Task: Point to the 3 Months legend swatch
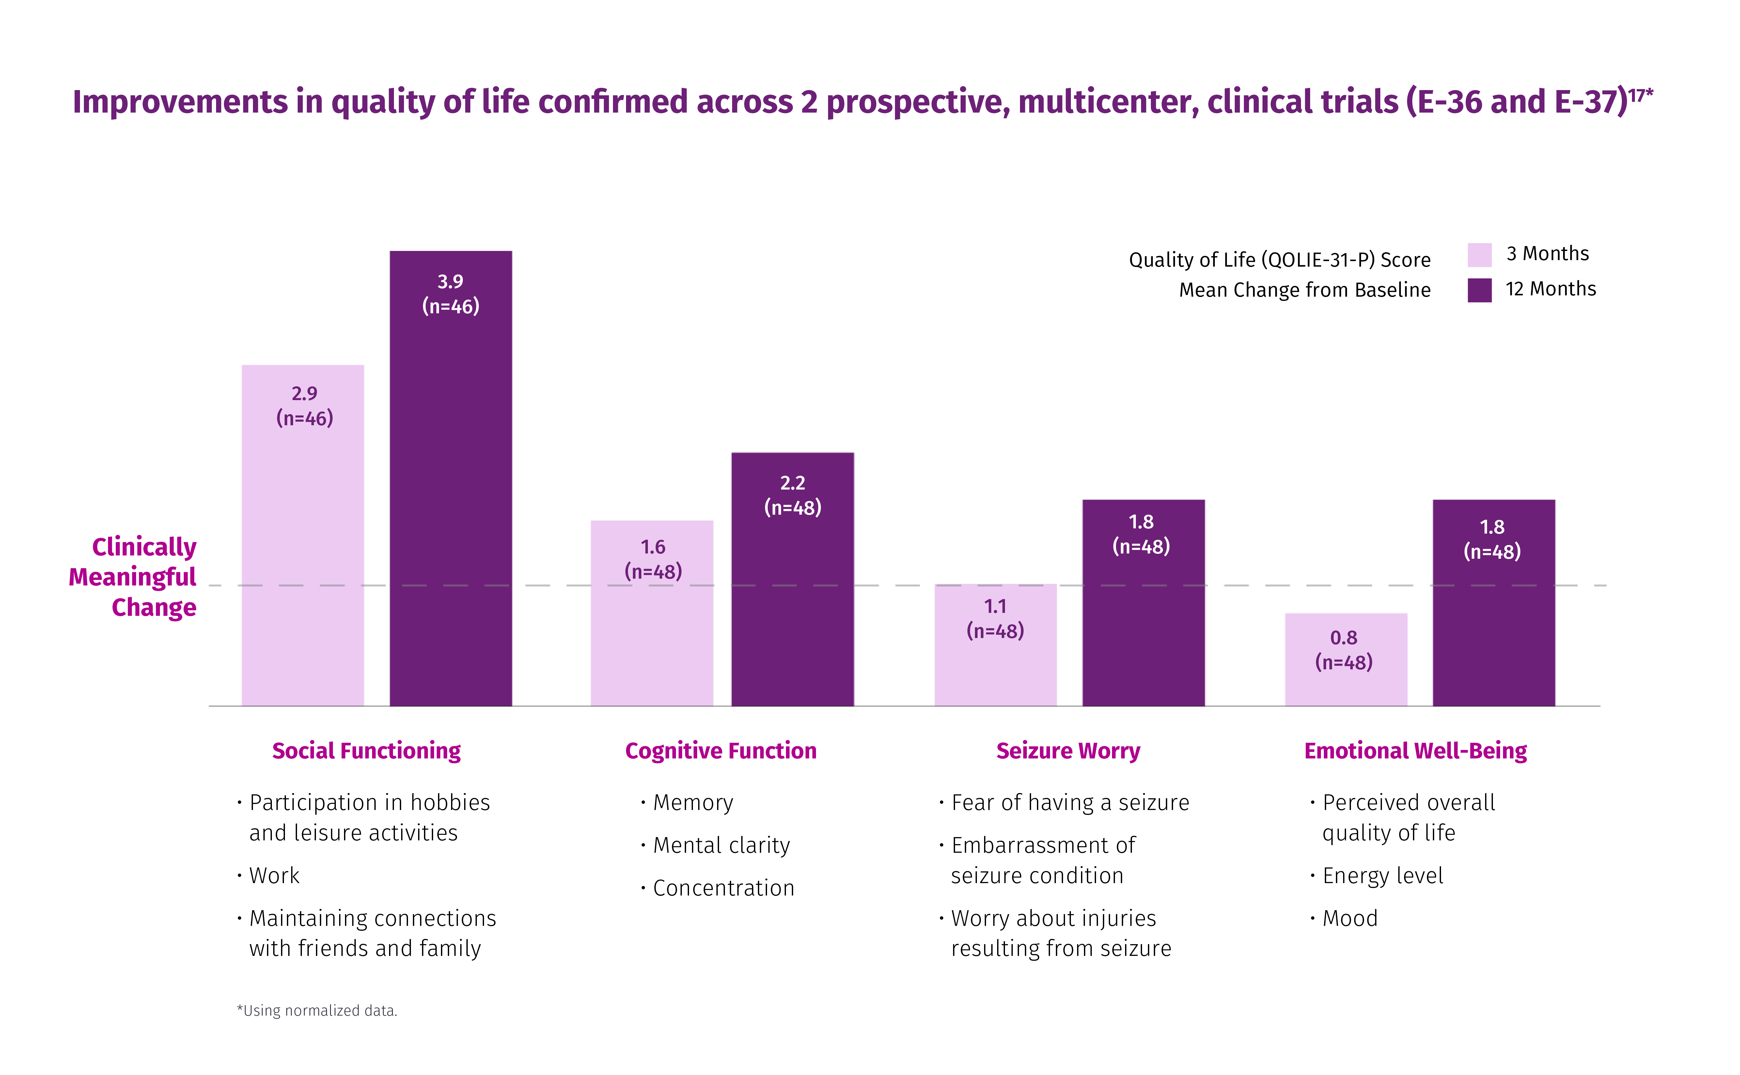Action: (1479, 255)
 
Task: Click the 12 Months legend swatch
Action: (1479, 290)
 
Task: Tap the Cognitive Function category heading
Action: (720, 751)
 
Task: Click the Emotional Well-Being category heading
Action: (1415, 751)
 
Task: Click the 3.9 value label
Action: (450, 282)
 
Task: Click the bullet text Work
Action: (274, 875)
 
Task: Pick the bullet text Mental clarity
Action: (721, 845)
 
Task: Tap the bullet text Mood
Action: (1350, 919)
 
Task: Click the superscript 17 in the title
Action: (1637, 95)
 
